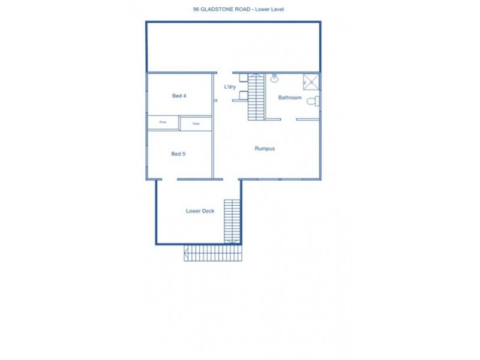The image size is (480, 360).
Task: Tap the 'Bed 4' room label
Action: pyautogui.click(x=178, y=96)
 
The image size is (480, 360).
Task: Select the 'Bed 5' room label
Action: pyautogui.click(x=178, y=154)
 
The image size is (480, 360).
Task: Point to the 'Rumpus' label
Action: pyautogui.click(x=264, y=149)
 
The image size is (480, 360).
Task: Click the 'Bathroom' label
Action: pyautogui.click(x=290, y=97)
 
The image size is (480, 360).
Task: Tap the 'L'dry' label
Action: pyautogui.click(x=230, y=87)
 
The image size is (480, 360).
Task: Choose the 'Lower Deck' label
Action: pyautogui.click(x=200, y=211)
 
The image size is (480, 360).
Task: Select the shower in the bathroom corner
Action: pyautogui.click(x=311, y=81)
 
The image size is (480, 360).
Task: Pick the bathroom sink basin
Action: pyautogui.click(x=274, y=79)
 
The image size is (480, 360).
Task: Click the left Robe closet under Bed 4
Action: pyautogui.click(x=163, y=122)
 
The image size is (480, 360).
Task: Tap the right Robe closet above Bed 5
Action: pyautogui.click(x=196, y=124)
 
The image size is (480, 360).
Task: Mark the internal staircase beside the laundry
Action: pyautogui.click(x=256, y=96)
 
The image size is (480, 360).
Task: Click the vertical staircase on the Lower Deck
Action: pyautogui.click(x=232, y=221)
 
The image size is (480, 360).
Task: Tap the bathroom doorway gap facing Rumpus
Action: pyautogui.click(x=289, y=119)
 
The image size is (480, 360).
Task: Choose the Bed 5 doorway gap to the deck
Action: pyautogui.click(x=170, y=179)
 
